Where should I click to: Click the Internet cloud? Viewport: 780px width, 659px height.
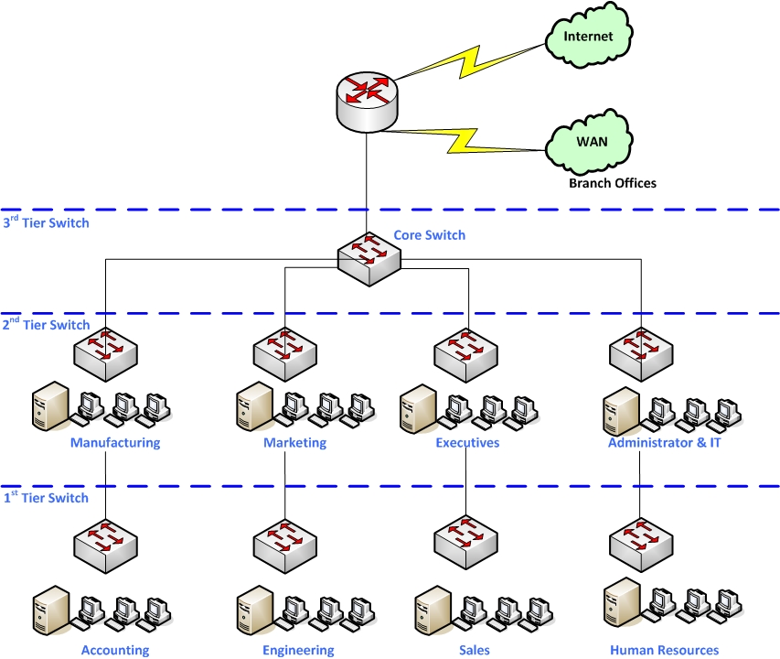588,38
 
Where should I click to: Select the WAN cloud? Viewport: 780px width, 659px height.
590,145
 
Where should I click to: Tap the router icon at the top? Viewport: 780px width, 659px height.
366,101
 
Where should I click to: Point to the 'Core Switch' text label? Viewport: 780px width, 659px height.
429,235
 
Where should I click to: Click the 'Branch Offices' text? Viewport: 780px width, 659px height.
612,183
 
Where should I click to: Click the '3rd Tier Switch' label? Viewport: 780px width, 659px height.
46,222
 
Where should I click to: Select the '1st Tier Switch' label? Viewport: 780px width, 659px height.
46,498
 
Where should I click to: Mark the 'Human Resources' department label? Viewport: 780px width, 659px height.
664,651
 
